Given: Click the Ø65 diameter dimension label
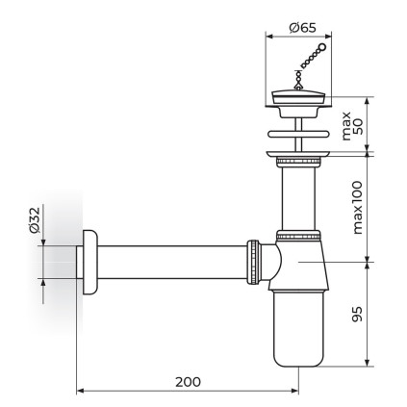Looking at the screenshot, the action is pyautogui.click(x=302, y=28).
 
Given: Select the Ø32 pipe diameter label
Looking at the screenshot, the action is pyautogui.click(x=34, y=219).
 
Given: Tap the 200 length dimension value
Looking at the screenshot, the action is pyautogui.click(x=188, y=382).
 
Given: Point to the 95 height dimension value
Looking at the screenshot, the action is pyautogui.click(x=357, y=314).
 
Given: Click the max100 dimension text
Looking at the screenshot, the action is pyautogui.click(x=357, y=208).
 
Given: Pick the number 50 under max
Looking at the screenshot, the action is pyautogui.click(x=357, y=126).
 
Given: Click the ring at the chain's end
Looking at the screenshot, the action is pyautogui.click(x=321, y=48).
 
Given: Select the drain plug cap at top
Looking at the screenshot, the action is pyautogui.click(x=298, y=97).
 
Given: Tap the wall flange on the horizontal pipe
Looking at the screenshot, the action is pyautogui.click(x=90, y=262).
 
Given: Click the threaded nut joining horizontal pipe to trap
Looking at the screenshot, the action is pyautogui.click(x=253, y=262).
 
